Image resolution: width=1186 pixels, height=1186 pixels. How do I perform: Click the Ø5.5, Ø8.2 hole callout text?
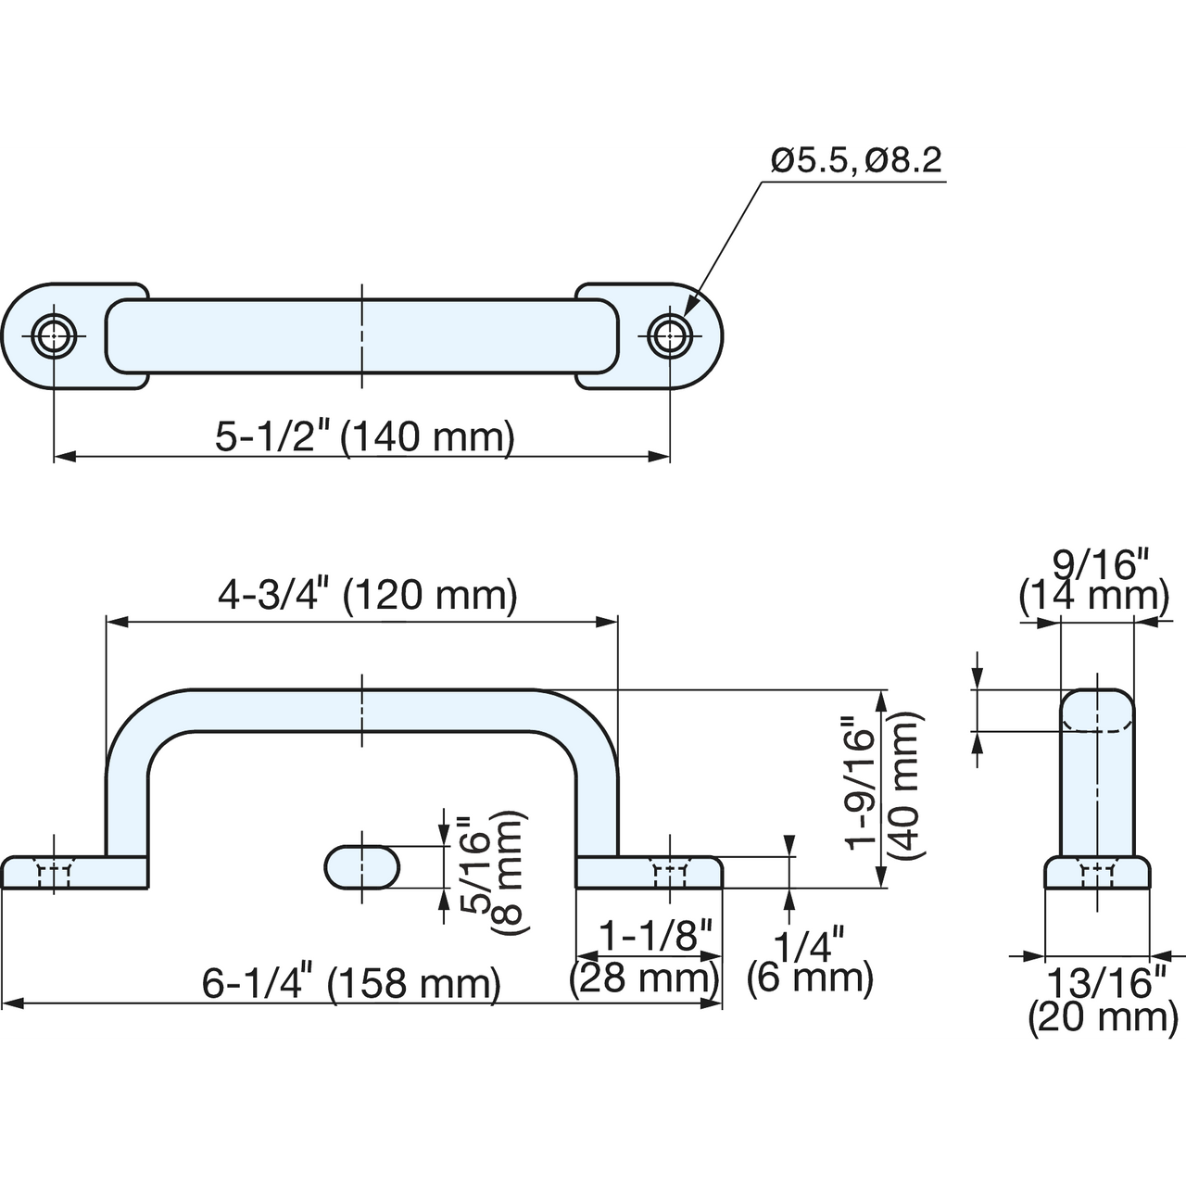(x=856, y=161)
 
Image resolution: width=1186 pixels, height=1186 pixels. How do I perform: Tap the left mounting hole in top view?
(x=54, y=336)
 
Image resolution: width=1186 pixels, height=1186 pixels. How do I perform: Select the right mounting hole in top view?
(x=670, y=336)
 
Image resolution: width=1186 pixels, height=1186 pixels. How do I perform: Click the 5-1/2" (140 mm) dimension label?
(x=364, y=437)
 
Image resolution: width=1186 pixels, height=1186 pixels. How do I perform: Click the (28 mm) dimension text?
(x=644, y=978)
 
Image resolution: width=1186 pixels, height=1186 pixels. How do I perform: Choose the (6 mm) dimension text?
(x=810, y=978)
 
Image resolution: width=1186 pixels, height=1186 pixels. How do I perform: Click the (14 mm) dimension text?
(x=1093, y=597)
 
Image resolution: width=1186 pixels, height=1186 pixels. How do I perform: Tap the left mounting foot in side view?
(x=74, y=872)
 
